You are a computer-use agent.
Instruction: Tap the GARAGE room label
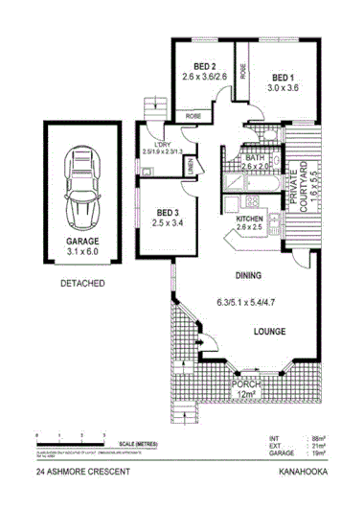(x=82, y=242)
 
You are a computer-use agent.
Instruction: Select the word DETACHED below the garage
(x=82, y=285)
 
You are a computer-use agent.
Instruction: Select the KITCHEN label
(x=248, y=218)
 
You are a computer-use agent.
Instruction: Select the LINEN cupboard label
(x=189, y=169)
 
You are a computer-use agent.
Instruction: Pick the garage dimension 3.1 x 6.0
(x=82, y=253)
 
